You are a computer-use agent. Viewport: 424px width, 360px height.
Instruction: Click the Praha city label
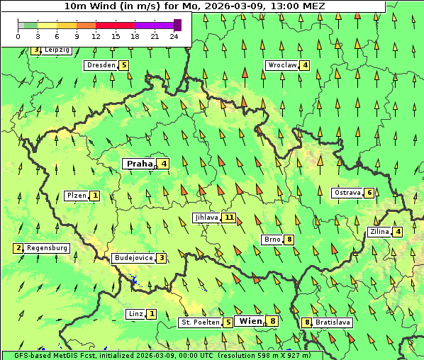point(140,164)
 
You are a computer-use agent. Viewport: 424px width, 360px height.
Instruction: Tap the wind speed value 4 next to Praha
point(164,164)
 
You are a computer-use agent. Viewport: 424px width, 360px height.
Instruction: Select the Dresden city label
point(101,65)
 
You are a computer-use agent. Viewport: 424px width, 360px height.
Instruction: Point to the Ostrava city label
point(347,193)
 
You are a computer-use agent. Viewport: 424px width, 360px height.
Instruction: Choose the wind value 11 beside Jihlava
point(229,218)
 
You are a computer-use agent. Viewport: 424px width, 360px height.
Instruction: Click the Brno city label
point(272,240)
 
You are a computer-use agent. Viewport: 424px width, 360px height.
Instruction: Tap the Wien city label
point(251,321)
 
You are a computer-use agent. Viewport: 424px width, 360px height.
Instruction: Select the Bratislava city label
point(333,322)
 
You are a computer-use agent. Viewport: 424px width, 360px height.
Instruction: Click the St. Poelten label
point(200,322)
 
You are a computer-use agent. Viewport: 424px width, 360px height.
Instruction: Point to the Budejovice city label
point(133,258)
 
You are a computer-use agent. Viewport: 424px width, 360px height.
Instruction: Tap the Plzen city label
point(77,195)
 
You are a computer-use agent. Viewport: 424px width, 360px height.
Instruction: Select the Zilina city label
point(379,232)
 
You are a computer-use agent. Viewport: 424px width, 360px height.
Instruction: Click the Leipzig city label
point(57,50)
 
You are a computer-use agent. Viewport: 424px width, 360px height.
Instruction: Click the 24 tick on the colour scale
point(174,37)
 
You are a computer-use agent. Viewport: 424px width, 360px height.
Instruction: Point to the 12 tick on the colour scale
point(96,37)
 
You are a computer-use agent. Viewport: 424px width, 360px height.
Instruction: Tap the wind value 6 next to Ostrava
point(369,193)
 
